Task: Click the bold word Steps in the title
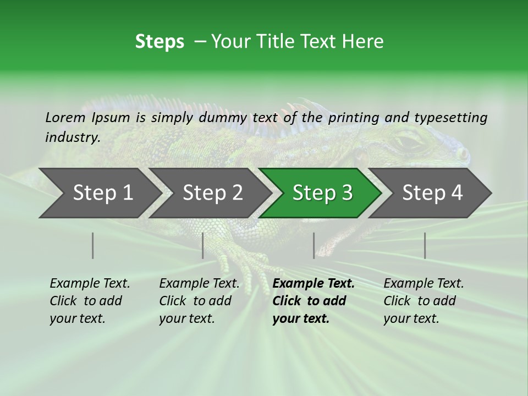pos(159,42)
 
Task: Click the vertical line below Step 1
pos(93,245)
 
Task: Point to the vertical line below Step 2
pos(203,245)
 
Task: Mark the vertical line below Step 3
pos(314,245)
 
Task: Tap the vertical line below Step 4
pos(425,245)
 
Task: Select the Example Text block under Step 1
pos(90,301)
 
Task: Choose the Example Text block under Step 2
pos(199,301)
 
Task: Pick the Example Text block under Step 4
pos(424,301)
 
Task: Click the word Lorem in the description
pos(65,117)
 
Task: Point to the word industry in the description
pos(72,137)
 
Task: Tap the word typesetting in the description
pos(450,117)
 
